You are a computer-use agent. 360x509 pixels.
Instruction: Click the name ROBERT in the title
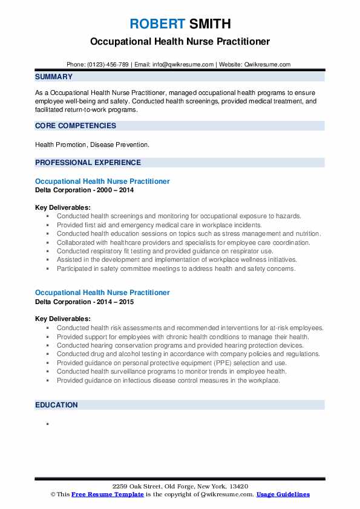(x=156, y=24)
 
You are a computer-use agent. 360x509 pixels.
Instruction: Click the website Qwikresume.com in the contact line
(x=268, y=64)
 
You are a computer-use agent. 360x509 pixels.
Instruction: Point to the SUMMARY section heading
(x=54, y=77)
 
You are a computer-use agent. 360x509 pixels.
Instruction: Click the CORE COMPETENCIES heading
(x=75, y=126)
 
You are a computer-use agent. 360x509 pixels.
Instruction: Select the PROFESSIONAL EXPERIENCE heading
(x=88, y=162)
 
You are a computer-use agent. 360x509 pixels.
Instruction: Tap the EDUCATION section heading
(x=56, y=404)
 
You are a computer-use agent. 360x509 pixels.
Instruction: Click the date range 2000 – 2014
(x=113, y=190)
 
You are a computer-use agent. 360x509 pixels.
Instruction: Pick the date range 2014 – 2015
(x=113, y=302)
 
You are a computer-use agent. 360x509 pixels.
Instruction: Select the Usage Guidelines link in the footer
(x=283, y=494)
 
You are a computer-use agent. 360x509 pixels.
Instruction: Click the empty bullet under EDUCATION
(x=47, y=424)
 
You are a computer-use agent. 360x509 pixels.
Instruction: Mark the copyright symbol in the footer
(x=53, y=494)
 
